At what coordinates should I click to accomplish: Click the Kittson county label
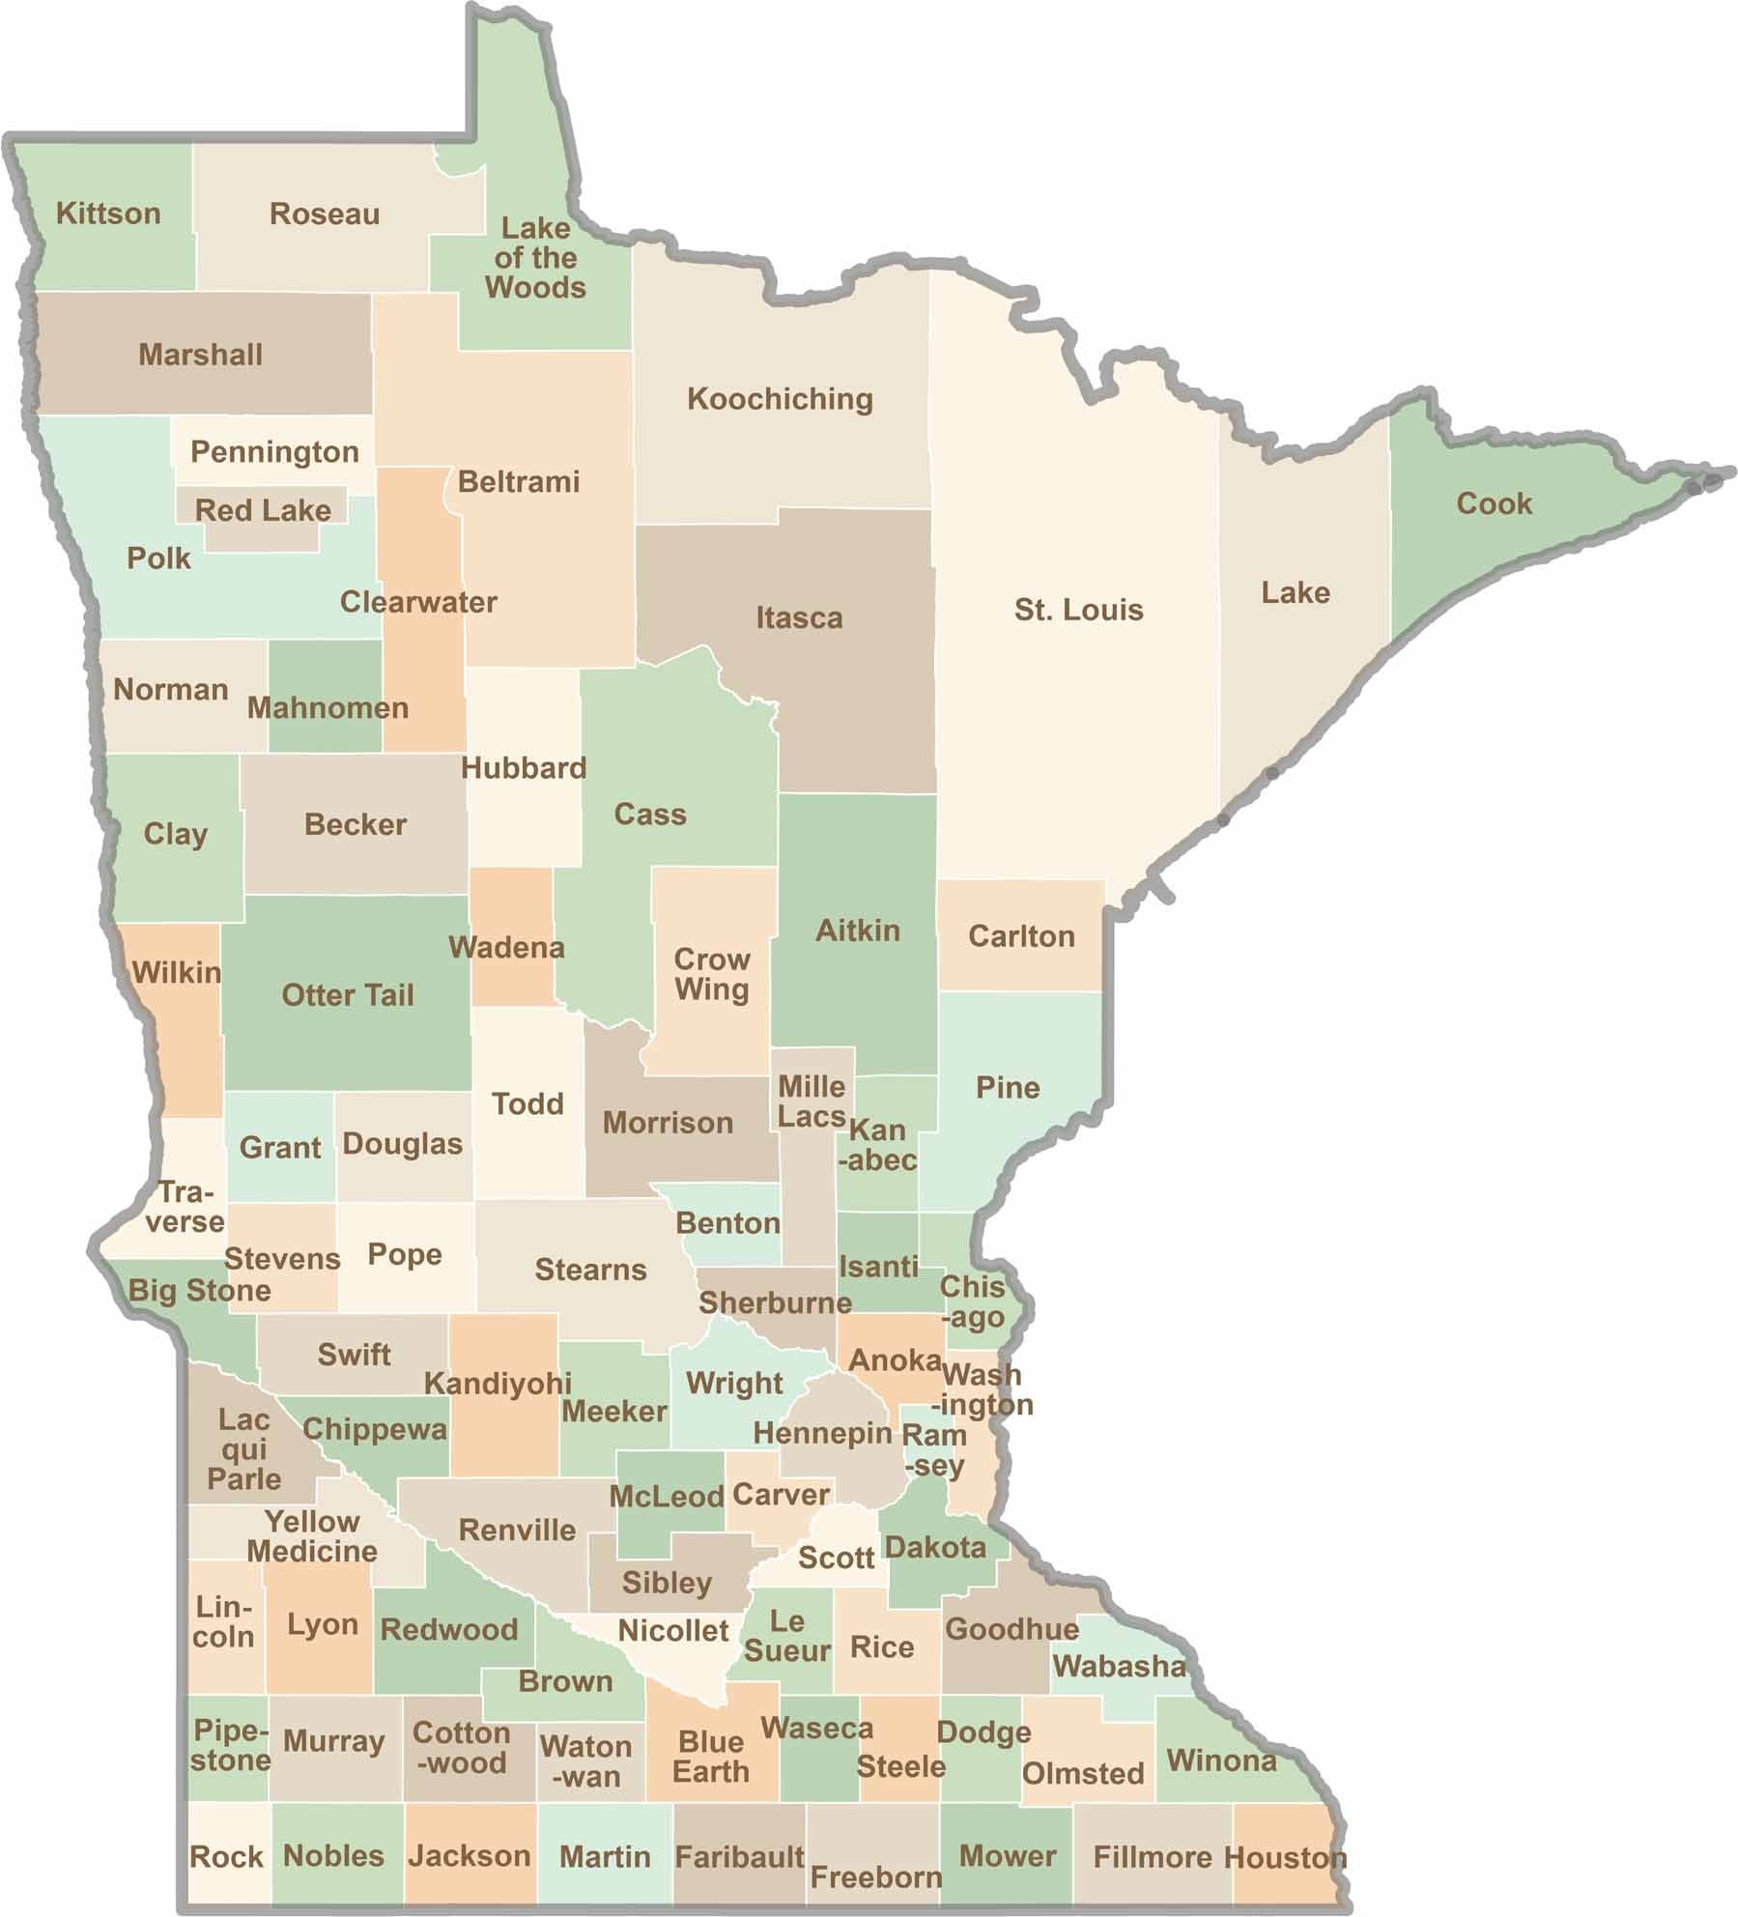108,214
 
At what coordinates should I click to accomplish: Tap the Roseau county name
325,214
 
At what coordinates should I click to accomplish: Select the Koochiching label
780,399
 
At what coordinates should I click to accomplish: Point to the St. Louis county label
1078,610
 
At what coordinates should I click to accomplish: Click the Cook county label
1494,503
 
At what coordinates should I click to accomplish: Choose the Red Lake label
263,510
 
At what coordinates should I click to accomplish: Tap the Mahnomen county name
328,707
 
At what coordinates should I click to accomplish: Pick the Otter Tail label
348,995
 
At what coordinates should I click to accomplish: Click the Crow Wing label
712,974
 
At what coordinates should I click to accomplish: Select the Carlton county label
1021,936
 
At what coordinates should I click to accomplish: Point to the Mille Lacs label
812,1102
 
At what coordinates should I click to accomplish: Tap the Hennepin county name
822,1433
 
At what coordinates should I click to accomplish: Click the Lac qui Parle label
243,1449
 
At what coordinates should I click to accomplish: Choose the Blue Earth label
711,1757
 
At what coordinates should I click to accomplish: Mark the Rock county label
226,1856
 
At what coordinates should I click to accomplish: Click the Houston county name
1285,1856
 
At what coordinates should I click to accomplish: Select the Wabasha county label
1119,1666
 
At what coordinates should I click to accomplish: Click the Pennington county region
274,451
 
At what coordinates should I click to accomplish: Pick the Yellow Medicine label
312,1536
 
